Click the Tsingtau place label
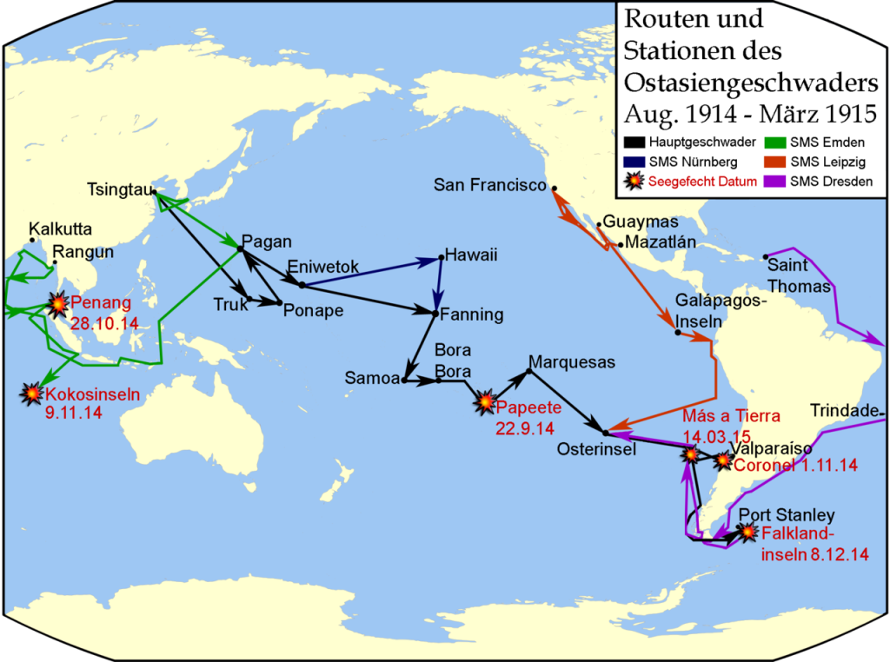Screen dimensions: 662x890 tap(118, 189)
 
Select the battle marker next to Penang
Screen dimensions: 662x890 tap(58, 304)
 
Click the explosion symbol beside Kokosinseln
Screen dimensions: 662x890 tap(32, 394)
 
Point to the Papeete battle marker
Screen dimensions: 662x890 tap(484, 401)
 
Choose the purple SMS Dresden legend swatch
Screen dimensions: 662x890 tap(774, 182)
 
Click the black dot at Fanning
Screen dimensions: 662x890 tap(434, 311)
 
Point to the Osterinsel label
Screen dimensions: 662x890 tap(597, 448)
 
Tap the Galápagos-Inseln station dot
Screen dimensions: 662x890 tap(677, 333)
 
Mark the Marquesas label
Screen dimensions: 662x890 tap(571, 361)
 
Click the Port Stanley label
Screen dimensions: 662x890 tap(787, 516)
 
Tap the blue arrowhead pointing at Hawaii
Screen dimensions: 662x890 tap(435, 260)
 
